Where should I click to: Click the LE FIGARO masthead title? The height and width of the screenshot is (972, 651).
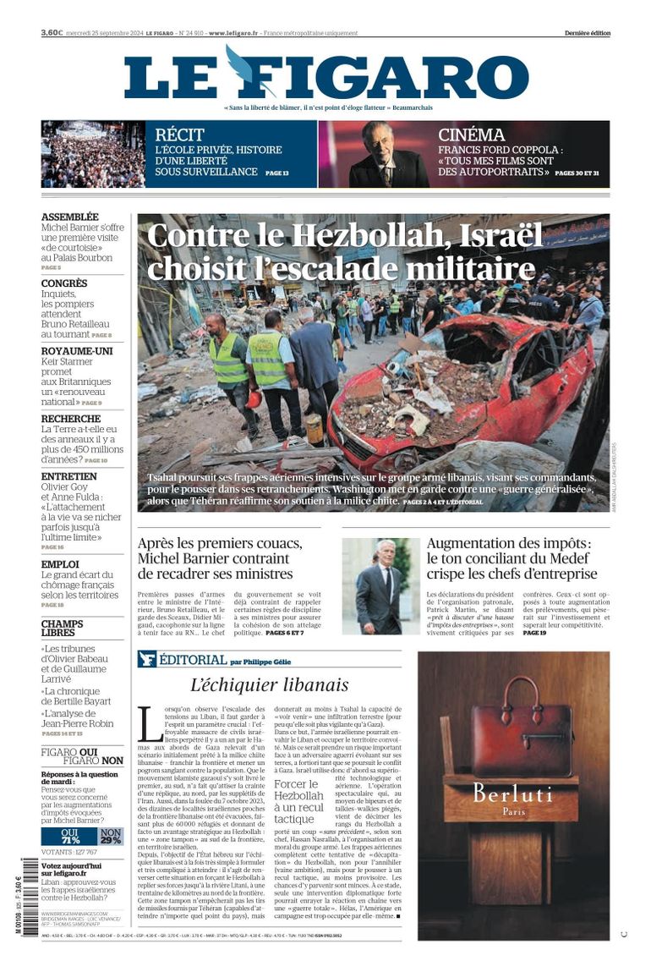tap(325, 76)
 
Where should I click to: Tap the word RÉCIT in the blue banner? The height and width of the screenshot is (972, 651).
tap(180, 135)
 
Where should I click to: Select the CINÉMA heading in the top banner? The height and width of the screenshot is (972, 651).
tap(471, 135)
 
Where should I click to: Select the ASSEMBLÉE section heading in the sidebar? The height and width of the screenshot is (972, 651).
tap(69, 217)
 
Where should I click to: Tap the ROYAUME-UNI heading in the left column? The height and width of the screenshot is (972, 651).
tap(77, 350)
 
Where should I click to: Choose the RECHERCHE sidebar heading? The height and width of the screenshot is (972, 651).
tap(71, 419)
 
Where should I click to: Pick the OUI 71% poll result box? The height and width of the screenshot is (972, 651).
tap(70, 836)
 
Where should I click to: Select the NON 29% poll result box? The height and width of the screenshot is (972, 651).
tap(112, 836)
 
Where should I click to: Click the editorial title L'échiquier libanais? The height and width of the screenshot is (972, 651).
tap(269, 685)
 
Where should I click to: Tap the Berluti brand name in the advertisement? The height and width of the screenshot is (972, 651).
tap(512, 794)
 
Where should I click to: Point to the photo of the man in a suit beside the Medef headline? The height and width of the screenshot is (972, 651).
tap(380, 586)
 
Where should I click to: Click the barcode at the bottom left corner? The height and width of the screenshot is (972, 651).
tap(30, 885)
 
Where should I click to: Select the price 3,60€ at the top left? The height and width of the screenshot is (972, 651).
tap(52, 33)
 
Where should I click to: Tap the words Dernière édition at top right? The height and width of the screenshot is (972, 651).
tap(587, 33)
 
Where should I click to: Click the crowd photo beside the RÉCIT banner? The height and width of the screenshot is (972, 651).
tap(93, 154)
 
